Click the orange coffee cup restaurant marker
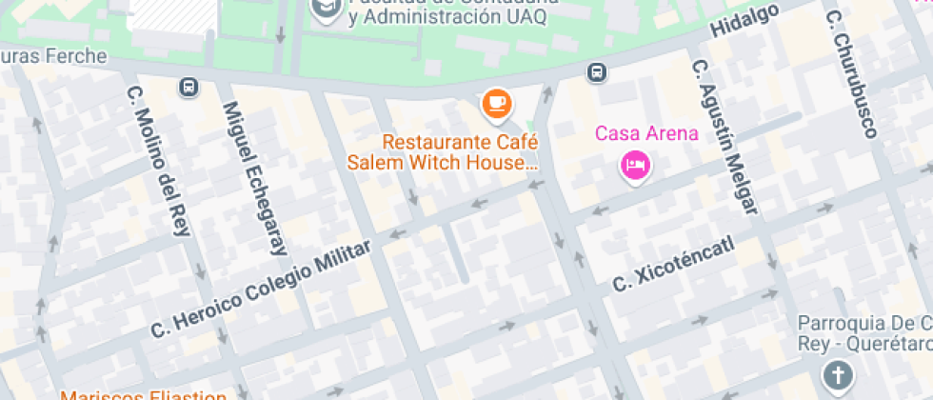point(496,103)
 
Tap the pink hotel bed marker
point(634,166)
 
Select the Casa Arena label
point(646,133)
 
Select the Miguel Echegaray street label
point(254,179)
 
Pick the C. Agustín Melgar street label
point(727,137)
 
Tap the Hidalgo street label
point(744,21)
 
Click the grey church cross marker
point(837,376)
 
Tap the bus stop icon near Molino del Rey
point(189,88)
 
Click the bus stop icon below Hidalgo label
point(597,72)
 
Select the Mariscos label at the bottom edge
point(143,394)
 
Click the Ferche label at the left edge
point(53,56)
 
